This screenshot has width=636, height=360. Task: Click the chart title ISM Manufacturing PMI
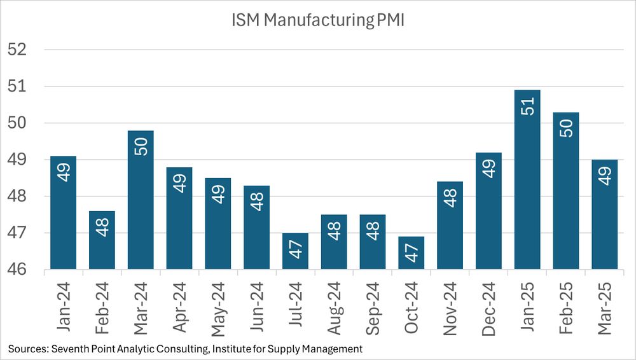(318, 20)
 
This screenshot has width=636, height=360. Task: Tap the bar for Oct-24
(411, 253)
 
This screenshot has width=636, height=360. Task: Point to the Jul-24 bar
(295, 251)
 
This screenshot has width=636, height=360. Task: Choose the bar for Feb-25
(565, 191)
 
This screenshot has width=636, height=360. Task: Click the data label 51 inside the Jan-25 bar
(527, 104)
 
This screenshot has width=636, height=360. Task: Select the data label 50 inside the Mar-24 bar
(141, 144)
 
